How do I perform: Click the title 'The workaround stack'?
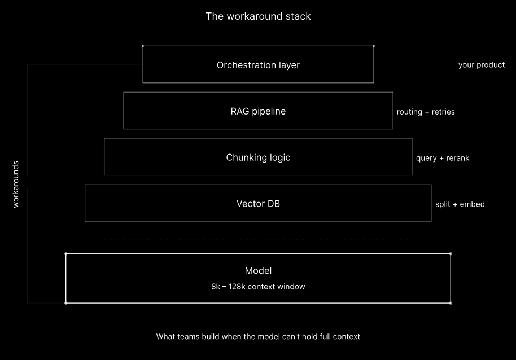coord(258,16)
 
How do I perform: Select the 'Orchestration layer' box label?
coord(258,65)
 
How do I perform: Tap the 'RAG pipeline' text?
coord(258,112)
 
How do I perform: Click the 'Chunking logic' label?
coord(258,157)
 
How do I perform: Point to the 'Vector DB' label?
coord(258,204)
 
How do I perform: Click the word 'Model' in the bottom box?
coord(258,271)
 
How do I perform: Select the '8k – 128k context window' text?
coord(258,287)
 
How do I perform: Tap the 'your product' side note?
coord(482,65)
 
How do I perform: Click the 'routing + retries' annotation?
coord(426,112)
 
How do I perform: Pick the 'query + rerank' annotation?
coord(443,158)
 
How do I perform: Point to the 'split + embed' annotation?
coord(460,204)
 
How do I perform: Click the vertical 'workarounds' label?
coord(15,184)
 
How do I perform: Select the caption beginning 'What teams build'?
coord(258,337)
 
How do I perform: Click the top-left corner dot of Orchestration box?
coord(143,46)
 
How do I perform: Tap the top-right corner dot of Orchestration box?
coord(374,46)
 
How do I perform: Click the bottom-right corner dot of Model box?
coord(451,303)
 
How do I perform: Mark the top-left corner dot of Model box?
coord(66,254)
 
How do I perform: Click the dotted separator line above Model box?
coord(257,239)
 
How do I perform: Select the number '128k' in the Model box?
coord(237,287)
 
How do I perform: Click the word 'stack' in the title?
coord(298,16)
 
